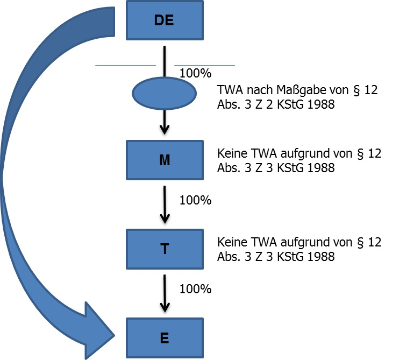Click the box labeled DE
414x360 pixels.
pyautogui.click(x=164, y=20)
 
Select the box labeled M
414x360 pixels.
pyautogui.click(x=164, y=160)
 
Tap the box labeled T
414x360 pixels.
pyautogui.click(x=164, y=249)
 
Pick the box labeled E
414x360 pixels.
pyautogui.click(x=164, y=338)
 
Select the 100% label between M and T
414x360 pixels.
pyautogui.click(x=195, y=200)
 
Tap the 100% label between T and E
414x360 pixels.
pyautogui.click(x=195, y=288)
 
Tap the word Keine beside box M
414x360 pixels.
pyautogui.click(x=232, y=154)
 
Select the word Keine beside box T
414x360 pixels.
pyautogui.click(x=232, y=243)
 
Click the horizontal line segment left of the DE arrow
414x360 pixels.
pyautogui.click(x=125, y=65)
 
